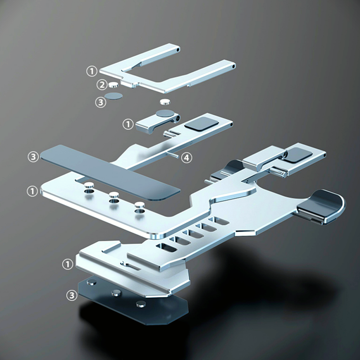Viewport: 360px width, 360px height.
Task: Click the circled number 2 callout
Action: [102, 85]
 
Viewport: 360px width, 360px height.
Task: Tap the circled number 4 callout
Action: [186, 158]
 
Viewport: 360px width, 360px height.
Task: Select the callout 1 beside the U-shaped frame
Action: [91, 71]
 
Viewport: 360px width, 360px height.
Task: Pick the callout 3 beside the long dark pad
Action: [33, 157]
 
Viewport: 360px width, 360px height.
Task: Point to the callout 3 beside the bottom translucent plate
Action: [72, 295]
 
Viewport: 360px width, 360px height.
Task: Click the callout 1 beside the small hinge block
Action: [128, 125]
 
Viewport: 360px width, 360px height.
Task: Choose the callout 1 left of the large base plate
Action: [32, 191]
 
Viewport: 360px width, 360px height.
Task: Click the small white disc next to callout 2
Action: [113, 85]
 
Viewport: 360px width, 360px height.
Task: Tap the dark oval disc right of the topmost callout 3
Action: [113, 96]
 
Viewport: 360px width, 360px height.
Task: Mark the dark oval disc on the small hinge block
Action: [165, 113]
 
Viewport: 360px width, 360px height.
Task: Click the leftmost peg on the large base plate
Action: [89, 185]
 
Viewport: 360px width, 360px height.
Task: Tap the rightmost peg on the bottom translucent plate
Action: [141, 304]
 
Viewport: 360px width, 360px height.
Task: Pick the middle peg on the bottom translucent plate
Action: [116, 292]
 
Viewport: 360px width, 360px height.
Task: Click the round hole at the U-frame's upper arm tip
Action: [178, 49]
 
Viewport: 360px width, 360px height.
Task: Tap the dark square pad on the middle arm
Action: [202, 124]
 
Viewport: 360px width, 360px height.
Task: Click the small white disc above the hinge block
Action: [165, 102]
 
